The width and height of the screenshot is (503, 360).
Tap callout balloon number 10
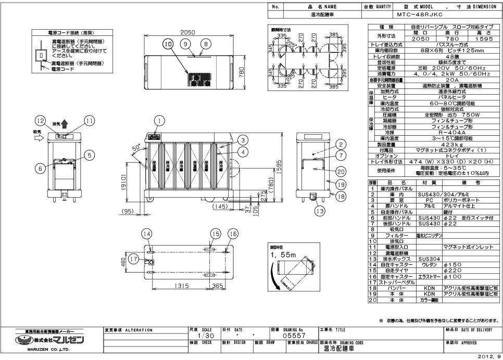pyautogui.click(x=167, y=45)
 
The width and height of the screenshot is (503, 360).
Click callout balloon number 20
pyautogui.click(x=339, y=171)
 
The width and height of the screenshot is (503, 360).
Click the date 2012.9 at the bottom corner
pyautogui.click(x=491, y=356)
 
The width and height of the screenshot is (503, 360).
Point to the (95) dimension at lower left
pyautogui.click(x=127, y=211)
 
